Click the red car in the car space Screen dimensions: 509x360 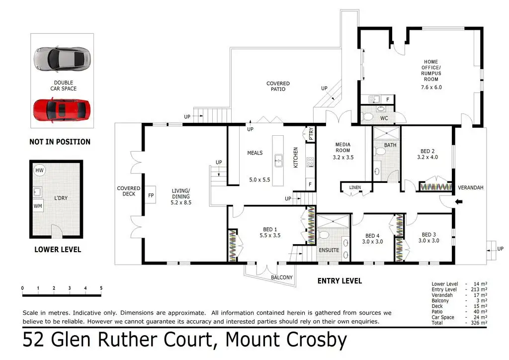(x=62, y=110)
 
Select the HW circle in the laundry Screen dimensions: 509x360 (x=39, y=171)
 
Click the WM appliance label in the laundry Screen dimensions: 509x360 (x=38, y=205)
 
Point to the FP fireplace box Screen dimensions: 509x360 (x=151, y=195)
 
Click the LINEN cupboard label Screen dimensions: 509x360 (x=355, y=187)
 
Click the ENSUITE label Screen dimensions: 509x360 (x=329, y=251)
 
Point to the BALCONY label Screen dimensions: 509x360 (x=281, y=277)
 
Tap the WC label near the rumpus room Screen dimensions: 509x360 (x=384, y=118)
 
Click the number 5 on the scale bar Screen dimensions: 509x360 (x=101, y=288)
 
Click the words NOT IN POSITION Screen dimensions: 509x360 (x=60, y=142)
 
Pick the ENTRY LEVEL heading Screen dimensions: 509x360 (x=339, y=281)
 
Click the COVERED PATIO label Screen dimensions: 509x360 (x=278, y=87)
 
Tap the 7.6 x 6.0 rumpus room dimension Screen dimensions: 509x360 (x=431, y=87)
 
